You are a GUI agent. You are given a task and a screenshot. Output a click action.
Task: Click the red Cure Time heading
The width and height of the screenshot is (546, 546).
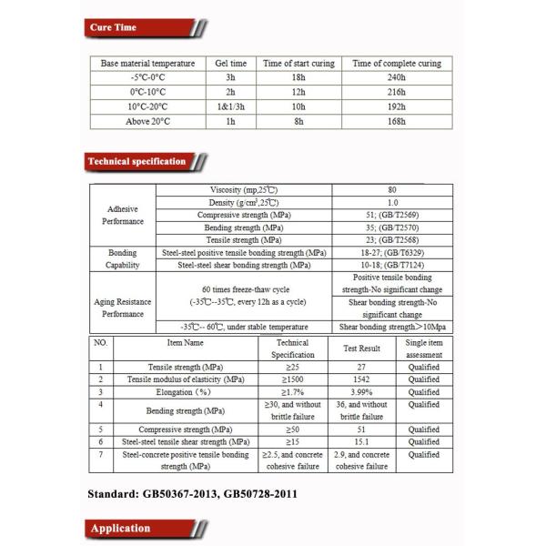(114, 28)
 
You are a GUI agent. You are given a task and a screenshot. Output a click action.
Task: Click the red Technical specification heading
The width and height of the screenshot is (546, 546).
(136, 162)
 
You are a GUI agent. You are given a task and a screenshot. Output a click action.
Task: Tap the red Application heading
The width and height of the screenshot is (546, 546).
(119, 529)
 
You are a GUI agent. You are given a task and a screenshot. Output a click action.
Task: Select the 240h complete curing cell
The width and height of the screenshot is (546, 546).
(396, 78)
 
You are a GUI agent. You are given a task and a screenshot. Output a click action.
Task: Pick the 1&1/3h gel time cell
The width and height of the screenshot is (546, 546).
(229, 106)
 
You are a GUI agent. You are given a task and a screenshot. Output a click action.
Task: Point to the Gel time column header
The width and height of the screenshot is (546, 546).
(229, 64)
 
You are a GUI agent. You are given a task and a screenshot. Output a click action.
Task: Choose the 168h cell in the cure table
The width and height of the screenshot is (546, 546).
(396, 121)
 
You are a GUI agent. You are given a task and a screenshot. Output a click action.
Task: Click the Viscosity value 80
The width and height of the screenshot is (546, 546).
(391, 189)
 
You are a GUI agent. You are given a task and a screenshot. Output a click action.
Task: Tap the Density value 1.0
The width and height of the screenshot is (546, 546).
(391, 202)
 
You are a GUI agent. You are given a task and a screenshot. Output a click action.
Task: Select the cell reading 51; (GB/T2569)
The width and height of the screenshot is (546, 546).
(391, 215)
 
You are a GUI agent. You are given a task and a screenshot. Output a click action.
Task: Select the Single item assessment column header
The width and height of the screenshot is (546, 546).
(423, 349)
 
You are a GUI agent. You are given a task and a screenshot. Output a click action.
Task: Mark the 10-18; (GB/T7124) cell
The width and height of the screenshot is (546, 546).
(391, 265)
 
